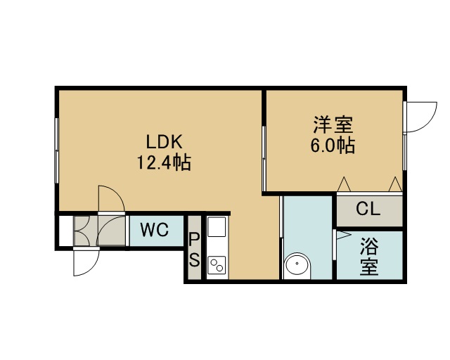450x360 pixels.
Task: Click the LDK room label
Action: coord(164,142)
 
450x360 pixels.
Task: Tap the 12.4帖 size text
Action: coord(164,163)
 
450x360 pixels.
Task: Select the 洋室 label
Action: coord(333,124)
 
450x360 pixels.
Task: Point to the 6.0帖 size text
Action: coord(333,146)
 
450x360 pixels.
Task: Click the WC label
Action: coord(155,230)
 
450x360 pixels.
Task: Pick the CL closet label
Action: coord(368,209)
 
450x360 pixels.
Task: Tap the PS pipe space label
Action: coord(194,250)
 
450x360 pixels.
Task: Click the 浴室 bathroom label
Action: coord(369,257)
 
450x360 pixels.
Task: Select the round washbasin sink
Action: coord(297,266)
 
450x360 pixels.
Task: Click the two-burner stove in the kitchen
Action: coord(217,264)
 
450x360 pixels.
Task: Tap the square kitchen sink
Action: coord(217,227)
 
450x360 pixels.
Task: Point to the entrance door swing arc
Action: coord(86,262)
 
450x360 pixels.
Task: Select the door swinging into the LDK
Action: coord(112,199)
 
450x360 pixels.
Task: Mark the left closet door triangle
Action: coord(344,184)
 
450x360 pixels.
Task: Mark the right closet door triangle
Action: coord(395,184)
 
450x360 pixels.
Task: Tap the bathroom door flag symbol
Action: coord(343,235)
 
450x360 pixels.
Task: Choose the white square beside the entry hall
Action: coord(66,231)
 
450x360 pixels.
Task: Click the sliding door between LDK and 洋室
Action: coord(264,159)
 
